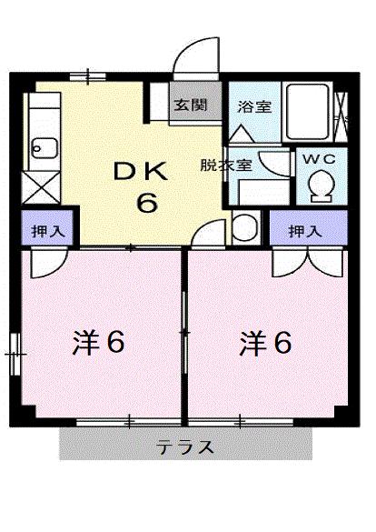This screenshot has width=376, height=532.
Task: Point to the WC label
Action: pos(319,158)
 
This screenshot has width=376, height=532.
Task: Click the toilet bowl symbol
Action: pos(319,185)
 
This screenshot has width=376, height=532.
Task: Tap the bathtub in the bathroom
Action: pos(308,113)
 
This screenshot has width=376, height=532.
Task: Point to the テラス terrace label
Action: pos(185,447)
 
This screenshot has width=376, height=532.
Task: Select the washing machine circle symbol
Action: pos(243,227)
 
